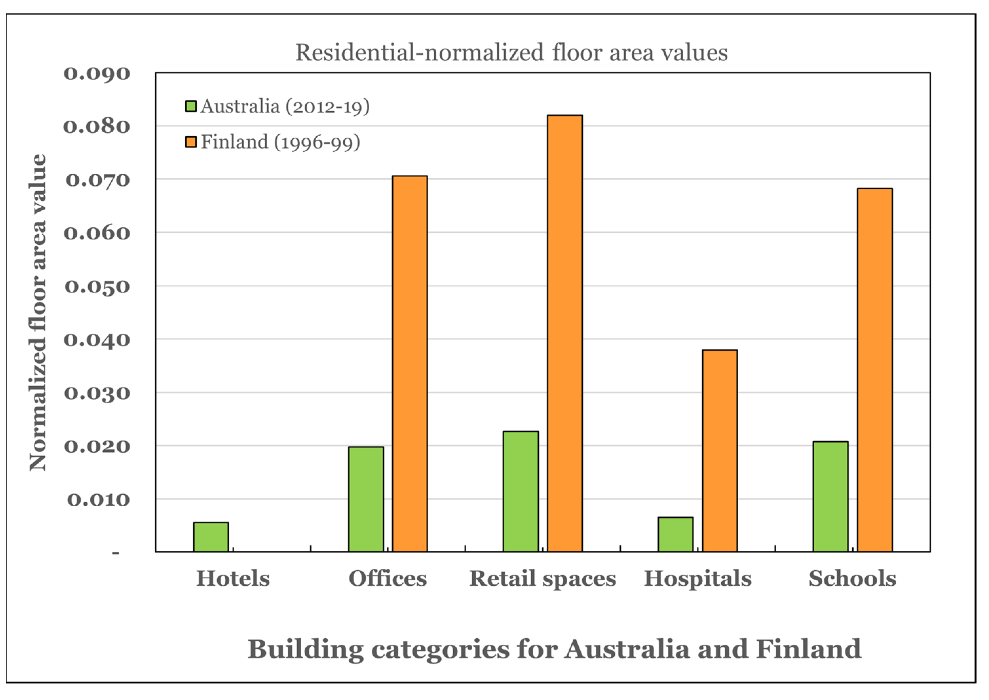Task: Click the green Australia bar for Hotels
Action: pos(211,537)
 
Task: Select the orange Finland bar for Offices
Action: pos(410,364)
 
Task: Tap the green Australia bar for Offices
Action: pos(366,499)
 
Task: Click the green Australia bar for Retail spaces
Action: pos(521,491)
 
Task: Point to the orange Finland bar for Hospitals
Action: pos(720,451)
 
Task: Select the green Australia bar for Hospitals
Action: pos(676,534)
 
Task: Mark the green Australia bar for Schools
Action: pos(830,497)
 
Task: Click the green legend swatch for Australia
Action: pos(191,106)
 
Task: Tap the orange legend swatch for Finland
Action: pos(191,142)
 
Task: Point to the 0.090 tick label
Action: pos(97,73)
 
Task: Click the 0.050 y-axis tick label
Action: pos(97,287)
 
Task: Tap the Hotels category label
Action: pos(233,579)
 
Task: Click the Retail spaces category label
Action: pos(543,579)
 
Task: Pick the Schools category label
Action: pos(852,579)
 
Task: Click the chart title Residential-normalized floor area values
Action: pos(511,53)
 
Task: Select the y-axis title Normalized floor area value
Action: pos(38,312)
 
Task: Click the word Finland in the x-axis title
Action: pos(809,649)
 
